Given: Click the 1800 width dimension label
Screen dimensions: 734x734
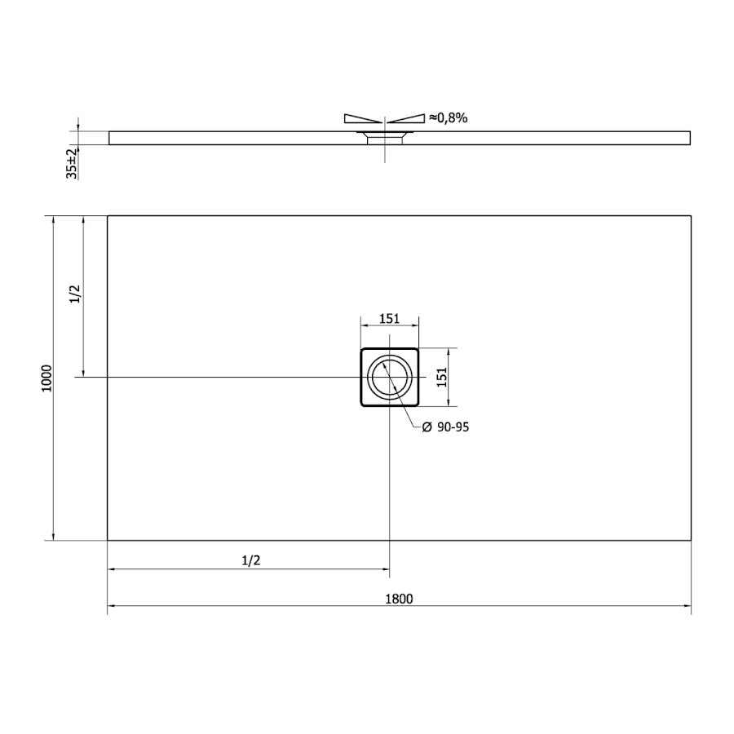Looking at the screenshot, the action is coord(399,599).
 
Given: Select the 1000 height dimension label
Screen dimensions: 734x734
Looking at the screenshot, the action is coord(47,378).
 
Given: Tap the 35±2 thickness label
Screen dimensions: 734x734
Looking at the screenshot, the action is coord(72,163).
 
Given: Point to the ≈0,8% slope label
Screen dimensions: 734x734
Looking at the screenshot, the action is coord(448,118).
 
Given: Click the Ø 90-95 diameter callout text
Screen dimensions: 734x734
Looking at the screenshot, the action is coord(445,427).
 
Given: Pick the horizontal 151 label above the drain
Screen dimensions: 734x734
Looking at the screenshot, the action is coord(390,319).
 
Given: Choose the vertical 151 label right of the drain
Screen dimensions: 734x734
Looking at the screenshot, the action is coord(442,378).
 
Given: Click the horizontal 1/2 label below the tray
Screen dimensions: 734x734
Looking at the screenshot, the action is coord(251,559).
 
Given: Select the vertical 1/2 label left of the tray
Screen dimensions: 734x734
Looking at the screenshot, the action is coord(75,294).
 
